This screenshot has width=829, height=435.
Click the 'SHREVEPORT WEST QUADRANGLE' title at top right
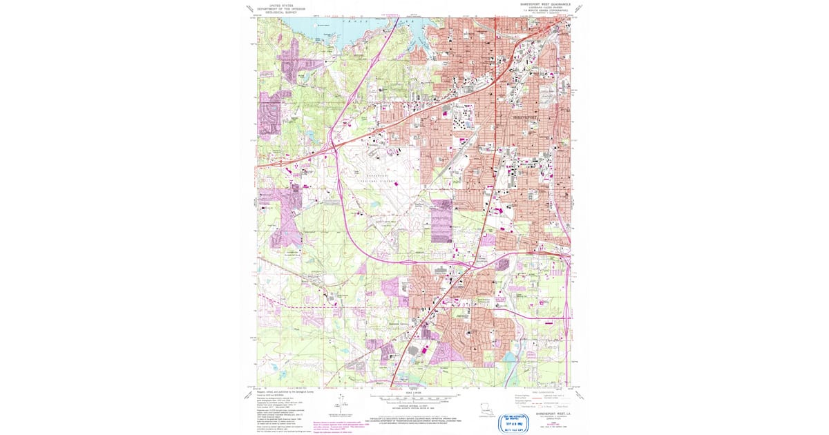545,3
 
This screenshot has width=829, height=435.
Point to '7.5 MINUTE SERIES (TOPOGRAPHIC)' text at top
545,10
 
